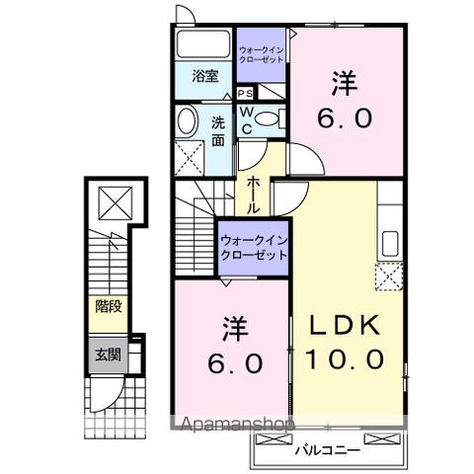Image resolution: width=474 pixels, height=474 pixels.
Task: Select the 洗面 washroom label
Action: point(218,130)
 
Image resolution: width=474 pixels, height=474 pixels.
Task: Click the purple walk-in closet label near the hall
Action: point(254,246)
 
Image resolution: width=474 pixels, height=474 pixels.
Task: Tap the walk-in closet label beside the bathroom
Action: point(262,52)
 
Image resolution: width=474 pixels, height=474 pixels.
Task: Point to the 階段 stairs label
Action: point(109,307)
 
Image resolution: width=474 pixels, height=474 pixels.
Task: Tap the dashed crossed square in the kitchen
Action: point(387,278)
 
